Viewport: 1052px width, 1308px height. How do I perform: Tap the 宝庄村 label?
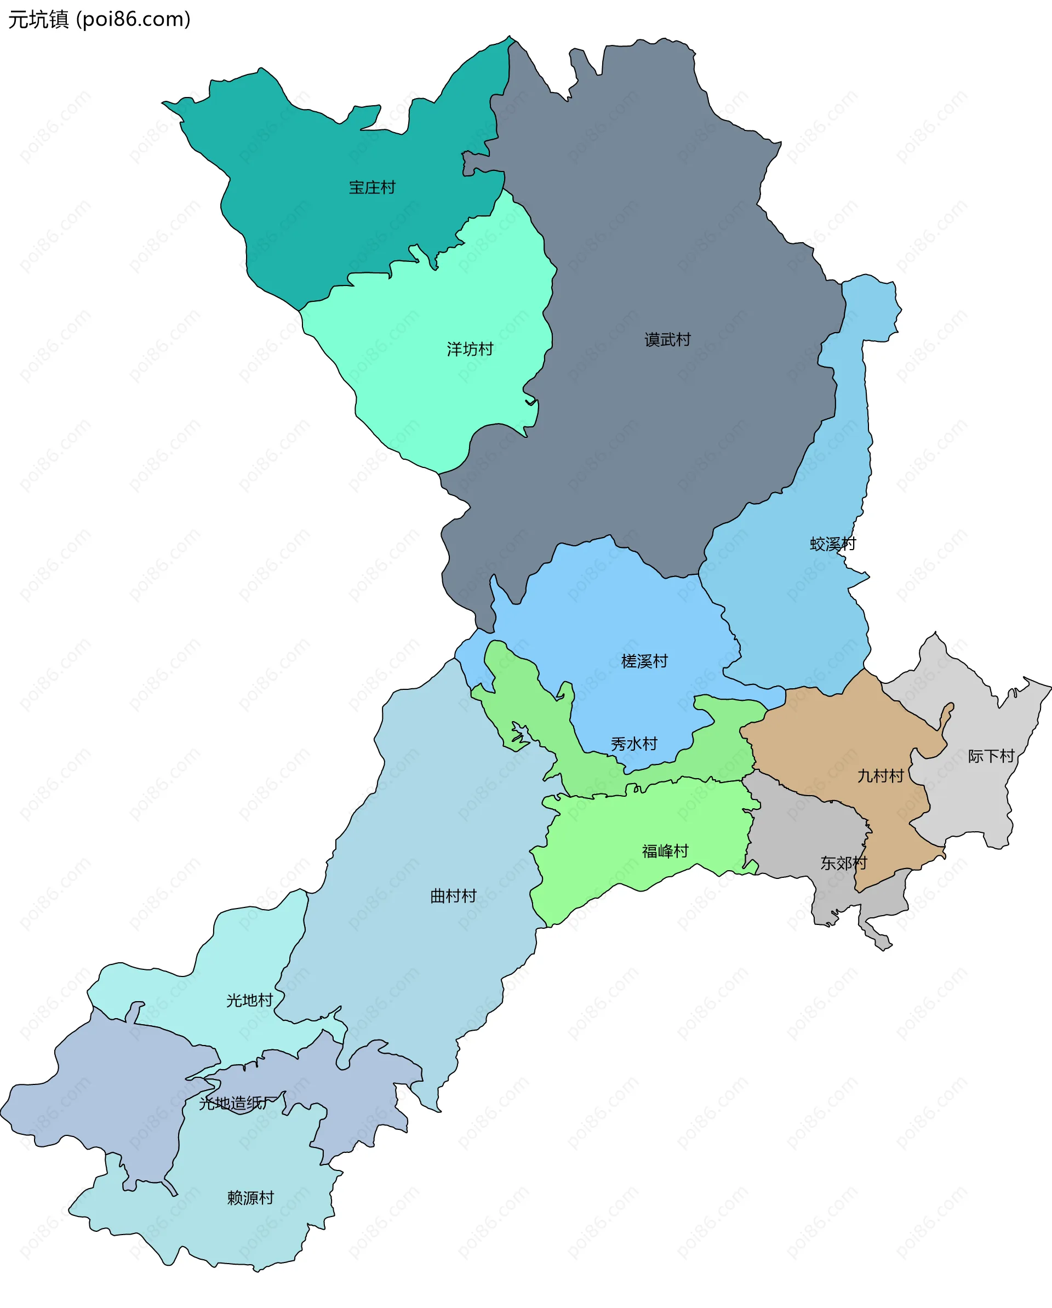[372, 187]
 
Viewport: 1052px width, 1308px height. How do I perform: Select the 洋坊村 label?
[470, 349]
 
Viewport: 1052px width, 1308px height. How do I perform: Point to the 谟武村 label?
[667, 340]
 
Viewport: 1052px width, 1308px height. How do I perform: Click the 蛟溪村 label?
[833, 544]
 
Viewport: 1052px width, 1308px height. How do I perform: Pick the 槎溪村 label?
[644, 661]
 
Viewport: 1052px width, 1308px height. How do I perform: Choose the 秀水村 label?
[634, 744]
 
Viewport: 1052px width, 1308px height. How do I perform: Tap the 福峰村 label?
[666, 851]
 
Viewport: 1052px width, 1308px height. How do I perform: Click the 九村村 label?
[881, 776]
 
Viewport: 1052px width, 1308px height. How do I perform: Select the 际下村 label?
[991, 756]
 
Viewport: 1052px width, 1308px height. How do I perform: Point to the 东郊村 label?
[844, 863]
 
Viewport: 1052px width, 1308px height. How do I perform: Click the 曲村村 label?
[453, 896]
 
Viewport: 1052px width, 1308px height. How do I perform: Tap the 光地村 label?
[249, 1001]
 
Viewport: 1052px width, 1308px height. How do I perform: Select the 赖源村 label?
[250, 1198]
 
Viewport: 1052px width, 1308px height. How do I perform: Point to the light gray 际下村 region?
[971, 801]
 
